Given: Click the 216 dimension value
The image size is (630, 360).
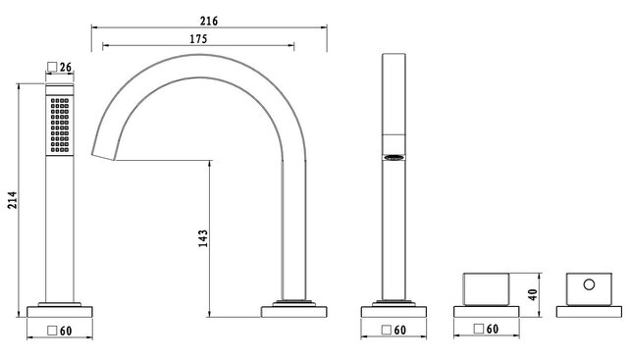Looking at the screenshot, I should click(208, 20).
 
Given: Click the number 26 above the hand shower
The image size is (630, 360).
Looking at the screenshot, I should click(67, 68).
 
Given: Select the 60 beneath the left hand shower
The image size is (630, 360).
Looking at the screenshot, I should click(67, 331).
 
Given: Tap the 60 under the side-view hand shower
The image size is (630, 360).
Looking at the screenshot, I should click(399, 331).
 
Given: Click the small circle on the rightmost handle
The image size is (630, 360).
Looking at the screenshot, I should click(589, 285).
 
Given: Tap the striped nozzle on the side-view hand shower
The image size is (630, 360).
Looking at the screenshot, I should click(394, 157).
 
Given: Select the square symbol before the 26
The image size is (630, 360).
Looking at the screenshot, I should click(52, 68).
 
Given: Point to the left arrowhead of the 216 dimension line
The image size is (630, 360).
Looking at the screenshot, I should click(94, 28).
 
